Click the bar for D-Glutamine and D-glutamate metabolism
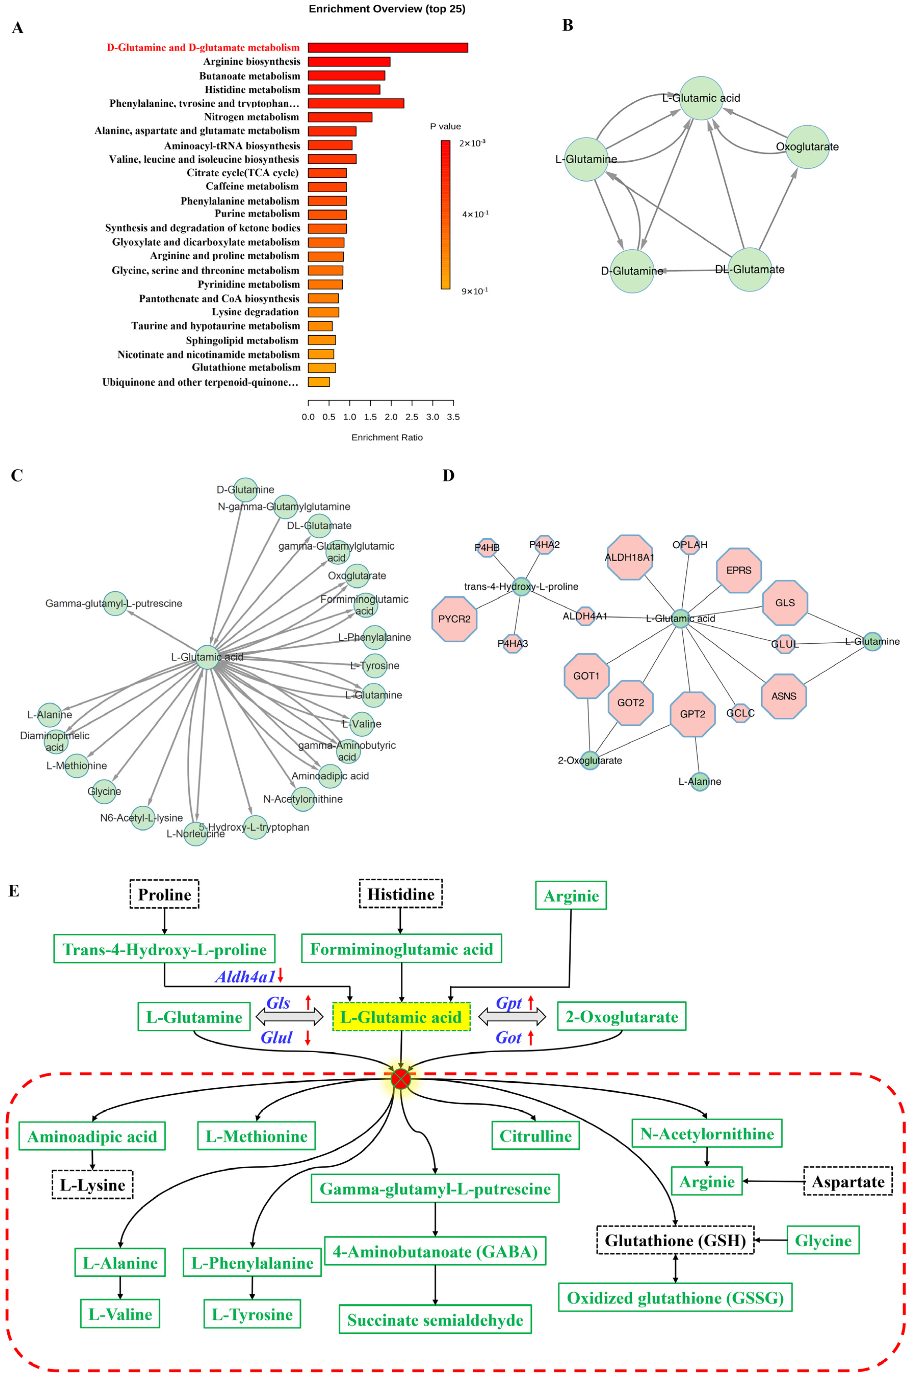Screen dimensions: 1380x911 [x=387, y=48]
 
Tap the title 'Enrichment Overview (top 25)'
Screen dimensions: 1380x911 [x=387, y=9]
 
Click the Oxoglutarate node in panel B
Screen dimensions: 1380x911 [x=807, y=147]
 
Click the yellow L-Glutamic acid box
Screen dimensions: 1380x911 [x=401, y=1017]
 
